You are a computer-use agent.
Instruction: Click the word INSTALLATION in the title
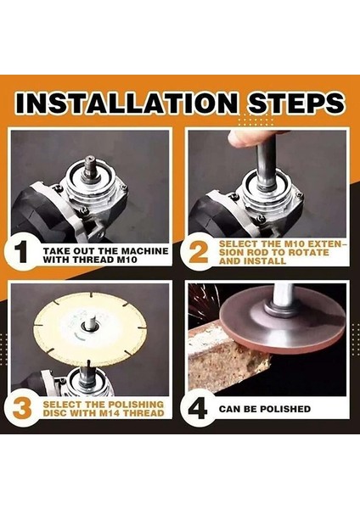(x=127, y=103)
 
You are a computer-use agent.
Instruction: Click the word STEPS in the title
(x=295, y=103)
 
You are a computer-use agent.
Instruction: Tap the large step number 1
(x=21, y=253)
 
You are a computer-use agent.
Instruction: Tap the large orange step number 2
(x=198, y=253)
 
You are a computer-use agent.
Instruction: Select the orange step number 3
(x=22, y=408)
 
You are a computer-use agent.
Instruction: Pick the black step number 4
(x=198, y=409)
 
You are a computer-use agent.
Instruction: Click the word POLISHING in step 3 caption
(x=136, y=405)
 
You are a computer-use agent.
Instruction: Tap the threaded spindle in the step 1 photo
(x=89, y=166)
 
